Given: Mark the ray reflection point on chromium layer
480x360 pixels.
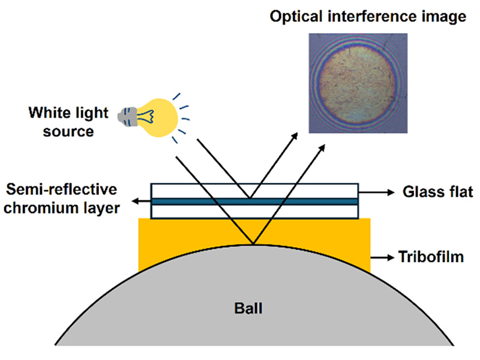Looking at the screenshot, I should (x=250, y=197).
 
